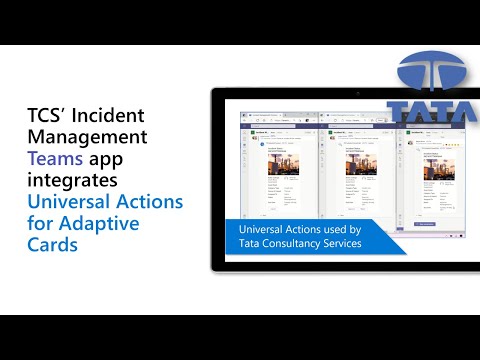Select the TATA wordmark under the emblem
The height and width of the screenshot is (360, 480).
432,111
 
